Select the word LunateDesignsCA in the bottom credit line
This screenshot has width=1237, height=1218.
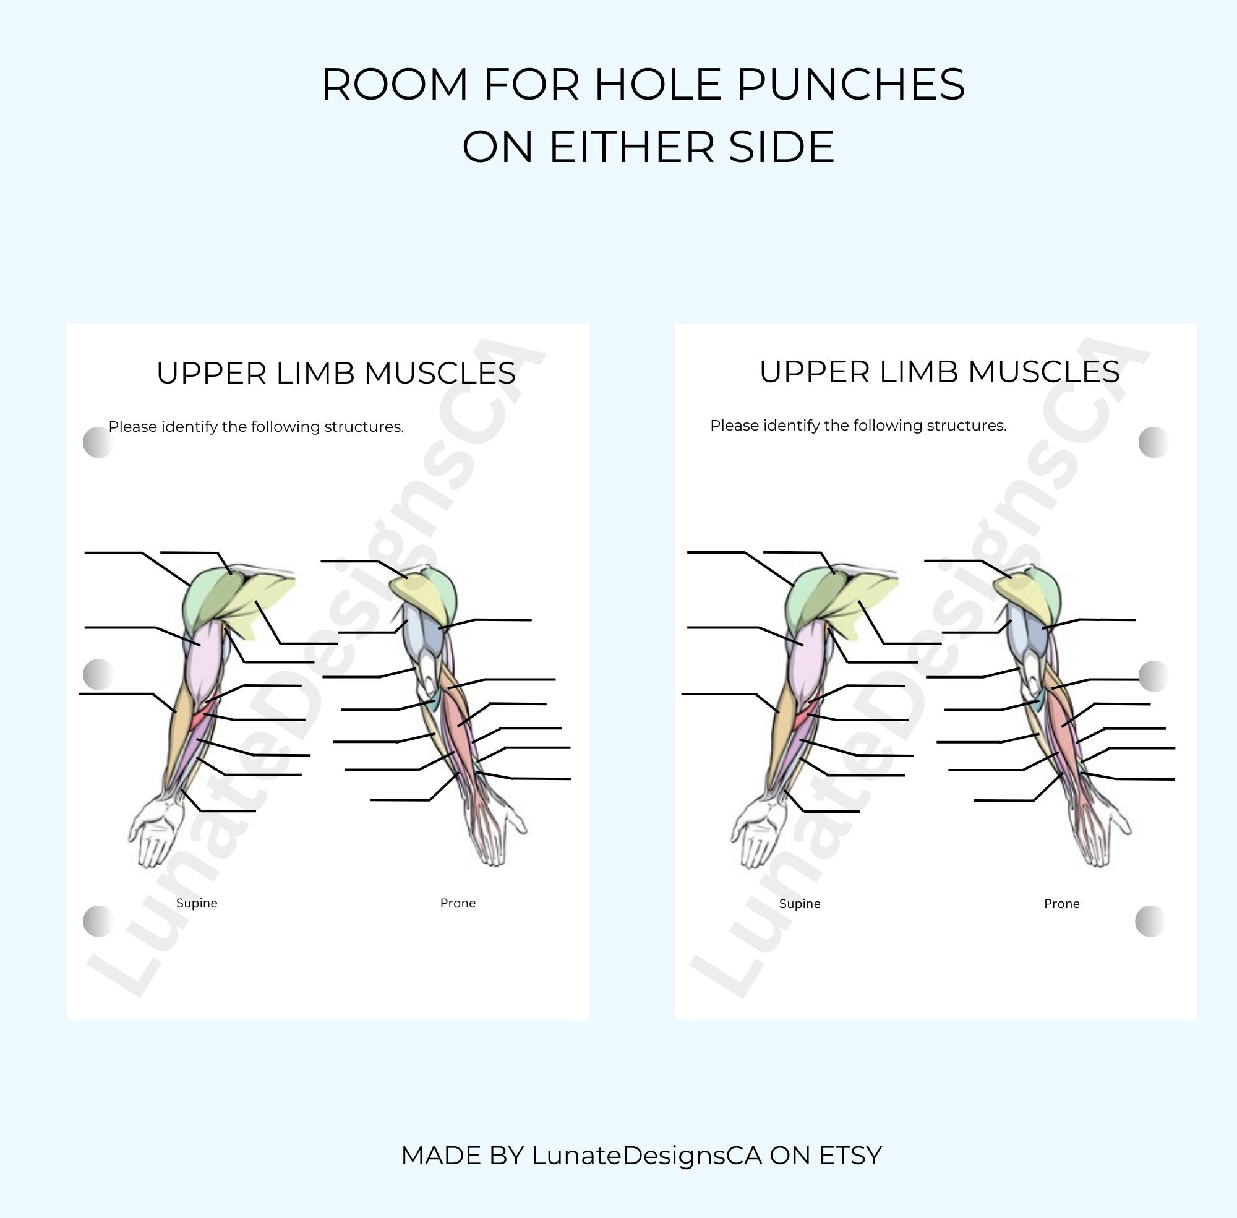647,1156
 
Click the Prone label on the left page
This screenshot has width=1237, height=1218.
457,903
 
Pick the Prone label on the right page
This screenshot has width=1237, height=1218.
1061,903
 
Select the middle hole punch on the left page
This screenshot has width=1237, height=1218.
98,674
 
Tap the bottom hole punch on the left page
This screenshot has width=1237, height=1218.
98,920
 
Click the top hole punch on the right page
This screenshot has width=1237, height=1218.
1154,442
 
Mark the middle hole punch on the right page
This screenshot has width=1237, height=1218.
1154,676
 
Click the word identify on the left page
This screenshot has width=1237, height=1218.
189,427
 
